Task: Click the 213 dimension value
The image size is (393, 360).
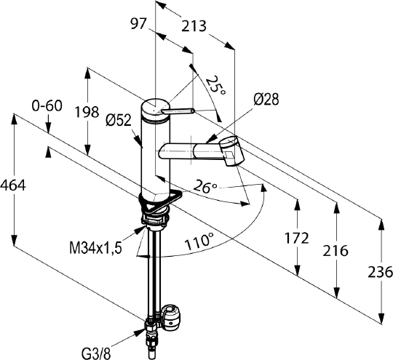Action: tap(194, 26)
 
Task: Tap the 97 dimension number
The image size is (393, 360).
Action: tap(138, 24)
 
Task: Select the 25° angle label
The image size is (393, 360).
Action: tap(215, 85)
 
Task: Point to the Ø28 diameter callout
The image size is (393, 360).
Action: tap(266, 100)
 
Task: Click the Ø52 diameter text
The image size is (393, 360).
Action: tap(119, 121)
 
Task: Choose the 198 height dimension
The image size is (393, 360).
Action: tap(87, 112)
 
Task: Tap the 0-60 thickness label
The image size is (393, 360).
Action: tap(47, 105)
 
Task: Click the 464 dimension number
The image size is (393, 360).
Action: tap(13, 186)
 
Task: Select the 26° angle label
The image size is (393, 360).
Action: tap(205, 187)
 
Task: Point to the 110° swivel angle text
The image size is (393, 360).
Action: tap(199, 241)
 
